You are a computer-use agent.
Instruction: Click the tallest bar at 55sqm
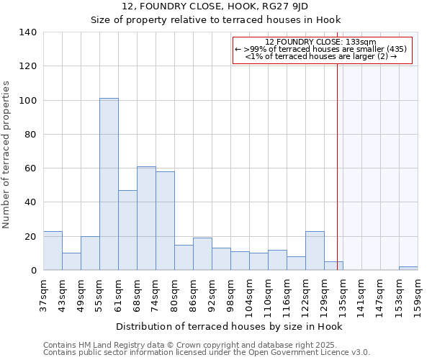click(109, 184)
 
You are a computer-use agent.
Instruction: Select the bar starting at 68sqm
click(146, 218)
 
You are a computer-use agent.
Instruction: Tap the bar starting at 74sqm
click(165, 221)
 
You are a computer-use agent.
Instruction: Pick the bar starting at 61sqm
click(127, 230)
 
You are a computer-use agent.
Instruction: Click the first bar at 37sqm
click(53, 251)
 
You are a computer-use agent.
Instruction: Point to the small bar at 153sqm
click(408, 269)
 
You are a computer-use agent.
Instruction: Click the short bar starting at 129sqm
click(333, 266)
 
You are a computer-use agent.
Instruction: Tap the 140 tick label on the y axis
click(27, 32)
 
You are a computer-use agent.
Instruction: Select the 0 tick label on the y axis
click(33, 271)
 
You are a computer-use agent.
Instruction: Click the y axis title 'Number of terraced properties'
click(6, 155)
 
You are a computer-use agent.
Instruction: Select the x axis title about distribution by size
click(228, 326)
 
